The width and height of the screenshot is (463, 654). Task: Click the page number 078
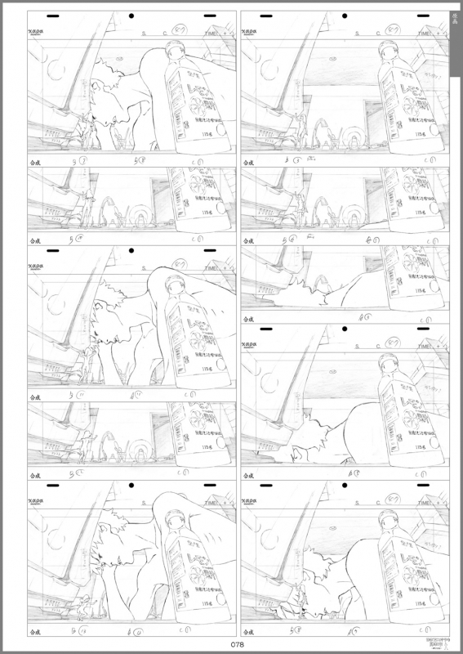pyautogui.click(x=237, y=643)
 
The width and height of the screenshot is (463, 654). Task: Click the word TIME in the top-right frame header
pyautogui.click(x=425, y=34)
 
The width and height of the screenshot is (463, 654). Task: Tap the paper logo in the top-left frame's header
pyautogui.click(x=36, y=34)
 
